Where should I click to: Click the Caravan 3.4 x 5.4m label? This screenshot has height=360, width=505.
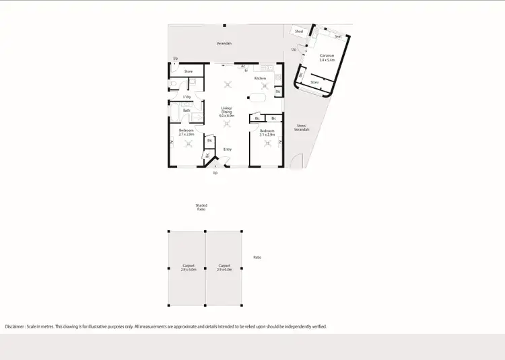tap(327, 58)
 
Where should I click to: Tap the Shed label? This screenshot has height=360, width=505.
tap(299, 32)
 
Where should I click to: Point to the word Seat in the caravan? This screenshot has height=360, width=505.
tap(338, 36)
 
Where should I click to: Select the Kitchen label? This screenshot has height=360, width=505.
tap(260, 78)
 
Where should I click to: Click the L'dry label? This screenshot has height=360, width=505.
tap(187, 98)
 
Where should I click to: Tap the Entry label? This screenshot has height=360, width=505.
tap(228, 149)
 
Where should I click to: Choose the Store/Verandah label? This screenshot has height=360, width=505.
tap(302, 127)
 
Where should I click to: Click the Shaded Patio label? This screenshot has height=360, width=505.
tap(201, 207)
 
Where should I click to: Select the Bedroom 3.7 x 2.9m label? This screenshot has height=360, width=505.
tap(187, 132)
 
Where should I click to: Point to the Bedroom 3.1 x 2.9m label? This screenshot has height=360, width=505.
tap(267, 132)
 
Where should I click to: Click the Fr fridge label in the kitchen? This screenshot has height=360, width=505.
tap(246, 70)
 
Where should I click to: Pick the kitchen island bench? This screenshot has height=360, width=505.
tap(258, 98)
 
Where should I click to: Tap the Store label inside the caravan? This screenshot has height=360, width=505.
tap(314, 82)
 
